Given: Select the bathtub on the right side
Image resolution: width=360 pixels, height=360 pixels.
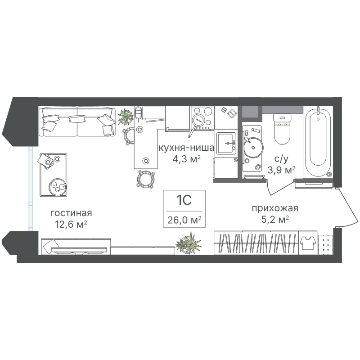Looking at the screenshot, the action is click(x=318, y=142).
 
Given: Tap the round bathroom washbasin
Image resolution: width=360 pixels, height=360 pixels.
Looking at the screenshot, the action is click(x=253, y=148).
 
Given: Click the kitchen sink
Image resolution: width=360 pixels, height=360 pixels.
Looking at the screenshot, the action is click(x=226, y=143).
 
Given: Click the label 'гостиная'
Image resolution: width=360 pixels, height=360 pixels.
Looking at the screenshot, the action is click(x=71, y=213).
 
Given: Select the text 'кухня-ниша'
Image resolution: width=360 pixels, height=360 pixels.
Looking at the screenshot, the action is click(x=186, y=148).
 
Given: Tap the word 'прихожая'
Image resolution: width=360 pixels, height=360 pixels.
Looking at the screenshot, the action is click(x=275, y=208).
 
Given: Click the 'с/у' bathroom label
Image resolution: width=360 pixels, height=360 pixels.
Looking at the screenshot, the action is click(x=281, y=159).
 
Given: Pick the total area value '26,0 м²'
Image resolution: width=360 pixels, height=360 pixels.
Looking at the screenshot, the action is click(x=184, y=220).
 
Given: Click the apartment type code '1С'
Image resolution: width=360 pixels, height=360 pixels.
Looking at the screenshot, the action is click(x=184, y=200).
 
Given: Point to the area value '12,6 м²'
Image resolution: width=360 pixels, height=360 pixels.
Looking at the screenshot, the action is click(x=71, y=224).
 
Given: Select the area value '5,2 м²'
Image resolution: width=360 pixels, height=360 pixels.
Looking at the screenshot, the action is click(x=275, y=220).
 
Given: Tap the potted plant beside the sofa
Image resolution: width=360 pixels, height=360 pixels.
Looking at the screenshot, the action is click(x=126, y=117).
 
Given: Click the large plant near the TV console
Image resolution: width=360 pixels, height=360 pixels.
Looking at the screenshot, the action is click(x=189, y=244).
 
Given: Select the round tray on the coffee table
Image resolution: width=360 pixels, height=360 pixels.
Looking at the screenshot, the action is click(x=58, y=187).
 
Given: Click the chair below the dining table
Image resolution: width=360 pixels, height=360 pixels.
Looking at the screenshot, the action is click(x=145, y=180).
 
